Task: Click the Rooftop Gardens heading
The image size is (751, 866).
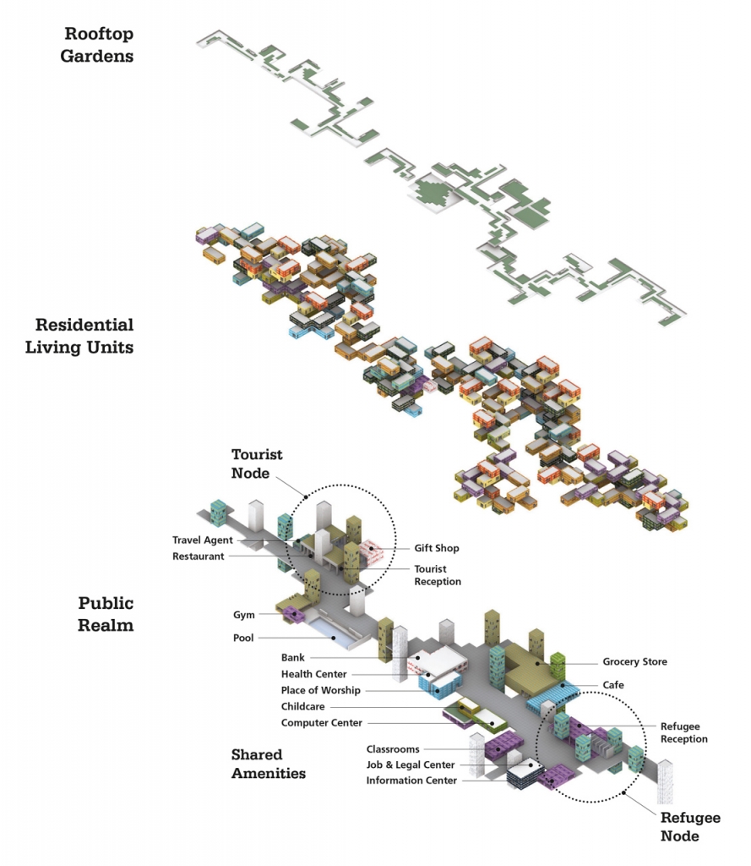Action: click(x=99, y=45)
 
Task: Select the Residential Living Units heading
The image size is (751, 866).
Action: click(x=84, y=336)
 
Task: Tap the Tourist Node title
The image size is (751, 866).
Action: click(x=257, y=463)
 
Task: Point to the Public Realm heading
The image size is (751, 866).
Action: click(x=106, y=614)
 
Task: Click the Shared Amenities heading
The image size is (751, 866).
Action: click(x=268, y=763)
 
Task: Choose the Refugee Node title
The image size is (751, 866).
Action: click(x=690, y=826)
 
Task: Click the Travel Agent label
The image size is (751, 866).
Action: click(x=203, y=540)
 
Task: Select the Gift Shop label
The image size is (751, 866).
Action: click(x=436, y=548)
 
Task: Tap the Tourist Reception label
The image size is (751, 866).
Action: click(x=438, y=575)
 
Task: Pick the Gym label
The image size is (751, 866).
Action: click(x=244, y=615)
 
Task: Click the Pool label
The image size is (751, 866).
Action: click(x=243, y=638)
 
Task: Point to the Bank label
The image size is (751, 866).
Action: click(x=292, y=657)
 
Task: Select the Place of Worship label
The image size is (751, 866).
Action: click(x=320, y=690)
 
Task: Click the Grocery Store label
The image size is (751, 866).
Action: click(x=634, y=662)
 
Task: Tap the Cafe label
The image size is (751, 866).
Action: click(x=614, y=684)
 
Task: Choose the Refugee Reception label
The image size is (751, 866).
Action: click(x=683, y=732)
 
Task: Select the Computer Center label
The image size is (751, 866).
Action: click(x=322, y=722)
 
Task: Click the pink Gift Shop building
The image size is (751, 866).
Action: click(x=372, y=554)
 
